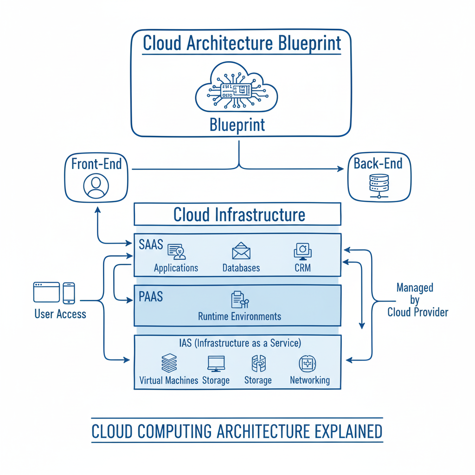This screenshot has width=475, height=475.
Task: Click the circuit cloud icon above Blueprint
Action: tap(237, 89)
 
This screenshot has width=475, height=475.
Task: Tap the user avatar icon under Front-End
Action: tap(96, 186)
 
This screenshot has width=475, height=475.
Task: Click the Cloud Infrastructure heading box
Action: tap(237, 215)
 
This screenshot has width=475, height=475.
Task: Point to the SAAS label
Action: tap(151, 244)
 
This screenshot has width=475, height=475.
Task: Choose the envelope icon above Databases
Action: tap(241, 252)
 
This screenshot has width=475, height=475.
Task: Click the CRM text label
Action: tap(302, 268)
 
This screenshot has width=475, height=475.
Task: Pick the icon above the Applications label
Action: tap(176, 252)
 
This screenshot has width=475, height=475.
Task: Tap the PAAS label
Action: tap(151, 296)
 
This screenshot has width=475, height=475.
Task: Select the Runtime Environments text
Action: tap(239, 316)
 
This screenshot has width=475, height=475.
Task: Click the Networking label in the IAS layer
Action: tap(309, 380)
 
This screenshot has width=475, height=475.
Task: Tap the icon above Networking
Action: tap(308, 364)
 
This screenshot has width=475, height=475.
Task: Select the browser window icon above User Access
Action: tap(46, 292)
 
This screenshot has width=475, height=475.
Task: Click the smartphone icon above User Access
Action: tap(69, 293)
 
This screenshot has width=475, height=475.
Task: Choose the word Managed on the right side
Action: tap(415, 288)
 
